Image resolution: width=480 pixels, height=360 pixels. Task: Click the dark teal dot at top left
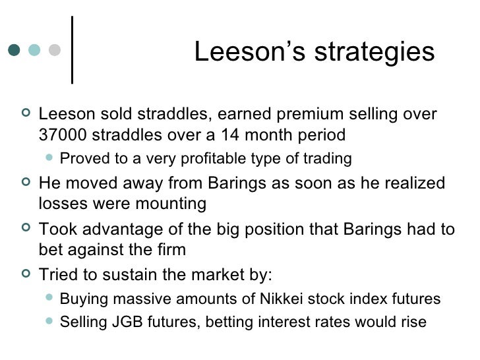point(15,50)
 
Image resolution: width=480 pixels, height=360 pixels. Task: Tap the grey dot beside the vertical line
point(55,50)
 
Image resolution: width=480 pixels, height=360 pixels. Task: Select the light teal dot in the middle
point(35,50)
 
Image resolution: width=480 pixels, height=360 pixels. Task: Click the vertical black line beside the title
point(71,49)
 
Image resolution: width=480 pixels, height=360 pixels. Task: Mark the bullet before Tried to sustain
point(26,274)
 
